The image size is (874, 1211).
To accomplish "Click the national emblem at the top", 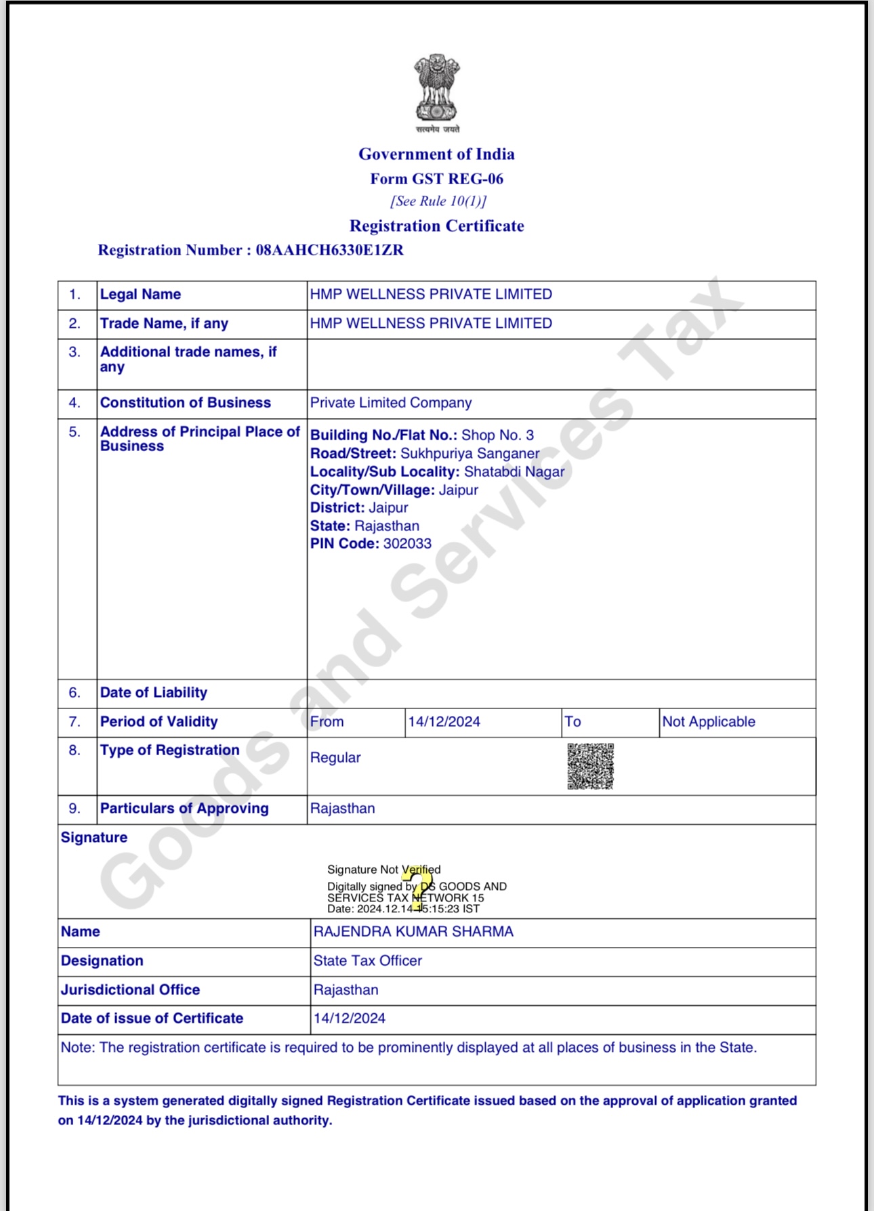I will click(x=437, y=90).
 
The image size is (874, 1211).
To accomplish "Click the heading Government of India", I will click(x=436, y=154).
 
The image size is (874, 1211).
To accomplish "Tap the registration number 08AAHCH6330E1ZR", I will click(x=329, y=251).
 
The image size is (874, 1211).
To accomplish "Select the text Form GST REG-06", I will click(x=436, y=179).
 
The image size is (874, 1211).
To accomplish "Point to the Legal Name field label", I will click(x=140, y=295).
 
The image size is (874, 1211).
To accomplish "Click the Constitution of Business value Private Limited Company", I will click(x=390, y=403).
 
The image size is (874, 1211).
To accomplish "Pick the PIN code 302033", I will click(x=407, y=544).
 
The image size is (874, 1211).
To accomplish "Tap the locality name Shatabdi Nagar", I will click(x=514, y=472).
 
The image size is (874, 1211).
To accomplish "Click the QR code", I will click(x=590, y=766).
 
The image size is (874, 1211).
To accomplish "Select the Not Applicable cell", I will click(x=708, y=722).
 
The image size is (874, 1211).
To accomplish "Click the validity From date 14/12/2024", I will click(x=444, y=722).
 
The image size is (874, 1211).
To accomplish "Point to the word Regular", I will click(x=335, y=758).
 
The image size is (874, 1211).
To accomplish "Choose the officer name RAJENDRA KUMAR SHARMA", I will click(x=413, y=932).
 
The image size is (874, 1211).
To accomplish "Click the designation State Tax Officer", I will click(x=367, y=961).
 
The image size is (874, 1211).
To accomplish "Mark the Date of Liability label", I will click(x=154, y=693).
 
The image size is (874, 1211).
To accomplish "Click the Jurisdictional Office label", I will click(x=130, y=990).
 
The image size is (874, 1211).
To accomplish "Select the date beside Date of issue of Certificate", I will click(x=349, y=1019).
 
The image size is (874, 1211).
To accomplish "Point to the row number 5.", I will click(x=75, y=432).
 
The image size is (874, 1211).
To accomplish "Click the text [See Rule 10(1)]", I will click(x=438, y=201).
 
